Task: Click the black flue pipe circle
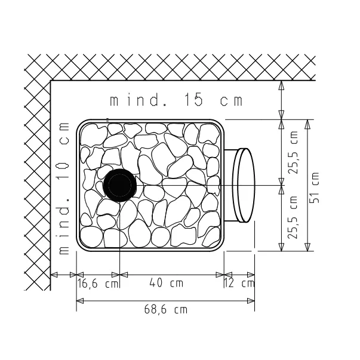coord(119,185)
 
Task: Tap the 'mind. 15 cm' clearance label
coord(176,100)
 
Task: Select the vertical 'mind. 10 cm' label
coord(64,188)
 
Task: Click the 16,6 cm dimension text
coord(98,284)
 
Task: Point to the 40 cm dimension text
coord(166,282)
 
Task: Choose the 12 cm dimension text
coord(239,283)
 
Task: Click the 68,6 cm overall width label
coord(166,309)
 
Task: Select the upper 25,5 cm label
coord(293,152)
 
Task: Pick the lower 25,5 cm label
coord(293,217)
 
